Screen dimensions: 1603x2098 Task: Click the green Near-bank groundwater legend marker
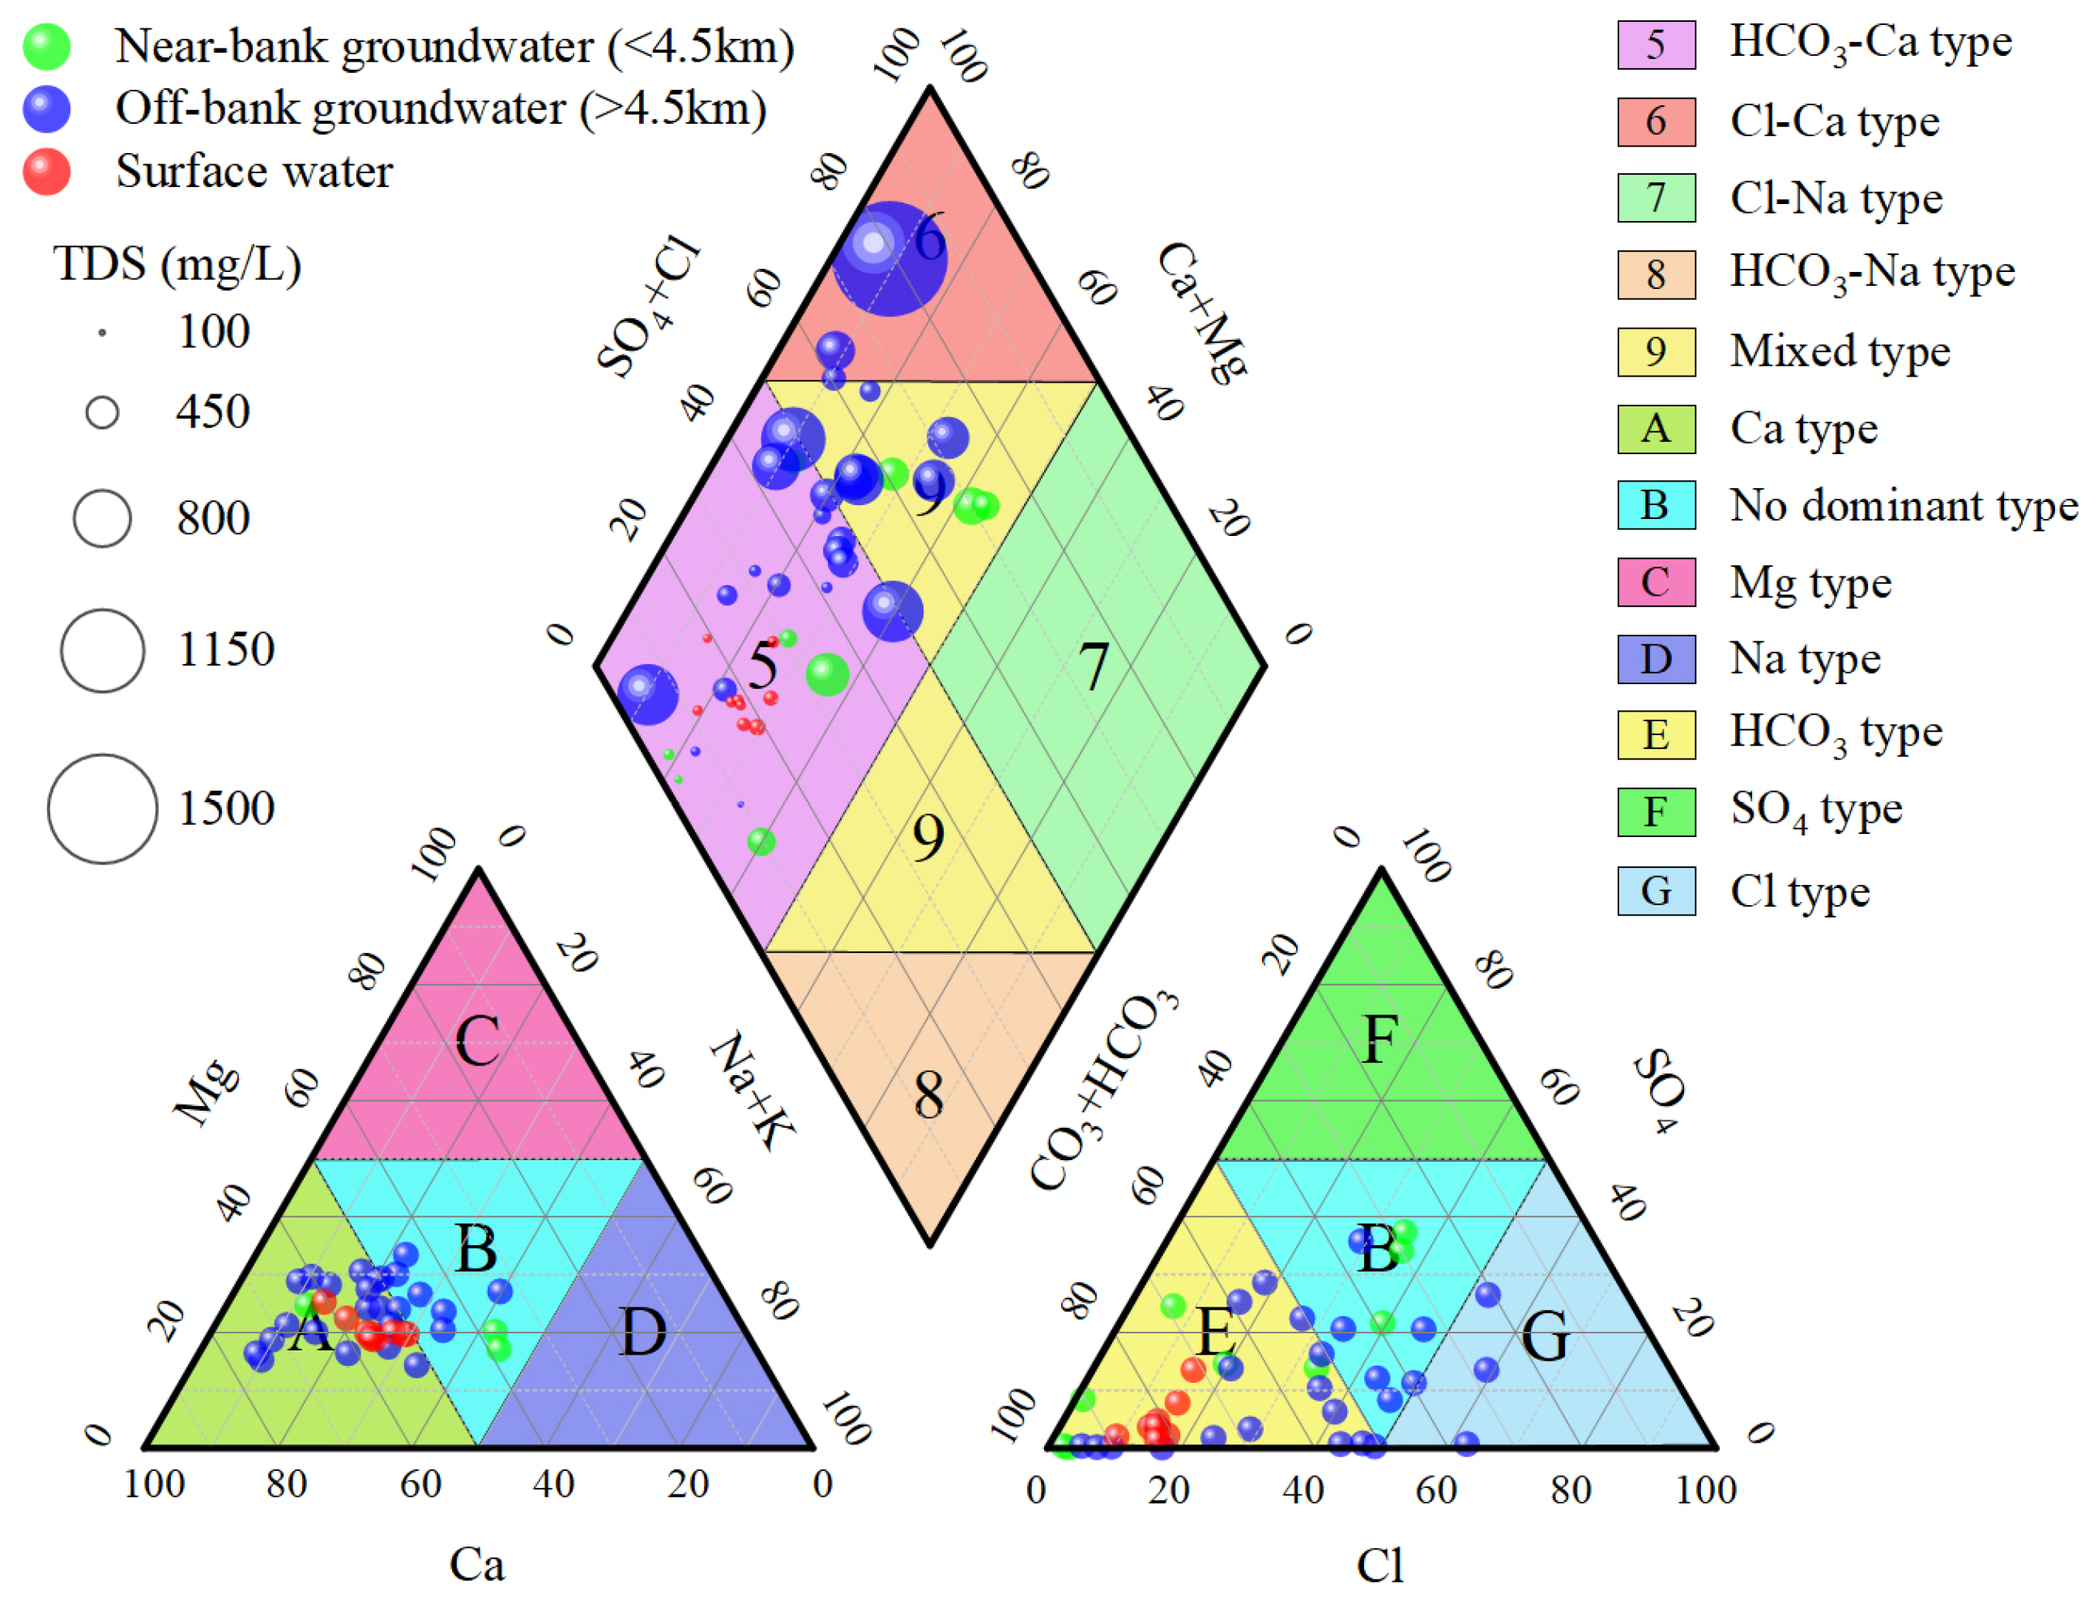point(46,46)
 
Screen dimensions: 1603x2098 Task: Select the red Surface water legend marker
point(46,172)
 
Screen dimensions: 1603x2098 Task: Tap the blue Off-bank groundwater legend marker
point(46,108)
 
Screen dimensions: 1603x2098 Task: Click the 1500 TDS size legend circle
point(102,808)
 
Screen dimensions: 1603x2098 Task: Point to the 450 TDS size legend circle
point(102,412)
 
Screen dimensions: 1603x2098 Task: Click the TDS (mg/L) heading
point(177,264)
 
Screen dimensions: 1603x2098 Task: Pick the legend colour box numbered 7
point(1655,198)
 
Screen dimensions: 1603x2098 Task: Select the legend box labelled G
point(1655,891)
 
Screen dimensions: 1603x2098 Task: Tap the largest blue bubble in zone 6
point(889,257)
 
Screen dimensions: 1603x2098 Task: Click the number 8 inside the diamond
point(927,1095)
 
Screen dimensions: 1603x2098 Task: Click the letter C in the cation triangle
point(476,1040)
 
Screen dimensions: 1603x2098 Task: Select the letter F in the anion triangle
point(1379,1040)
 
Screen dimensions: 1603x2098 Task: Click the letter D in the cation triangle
point(642,1332)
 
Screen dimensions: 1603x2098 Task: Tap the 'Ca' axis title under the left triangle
point(476,1563)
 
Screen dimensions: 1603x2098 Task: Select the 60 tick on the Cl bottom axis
point(1435,1490)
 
